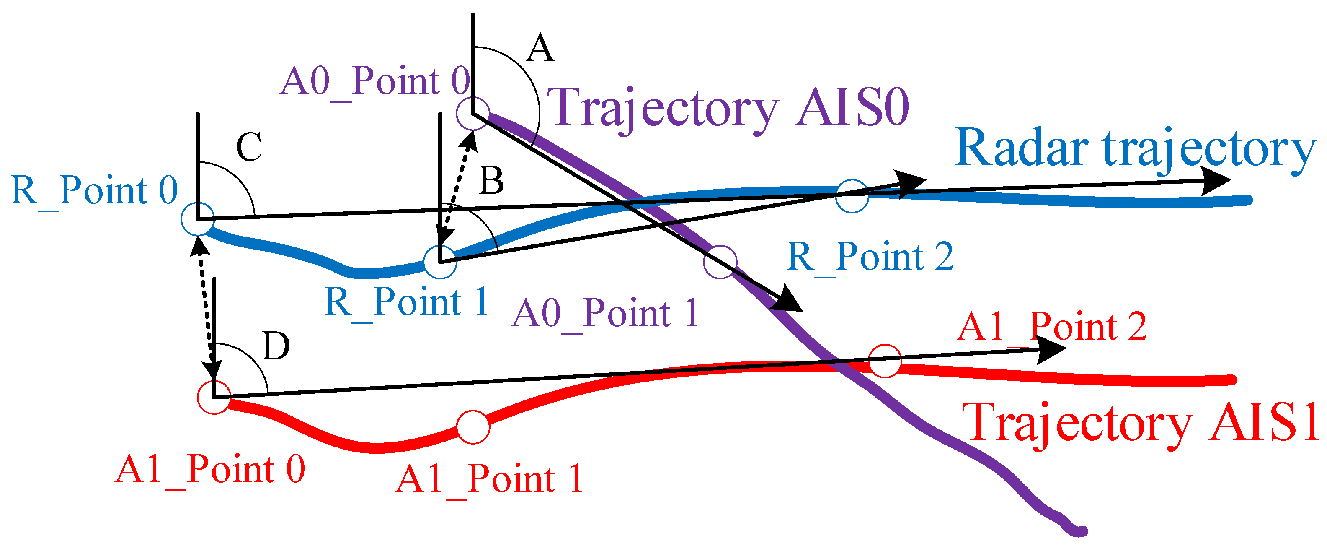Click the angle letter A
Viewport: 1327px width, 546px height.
(x=540, y=49)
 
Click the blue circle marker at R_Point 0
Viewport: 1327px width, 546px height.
(x=198, y=219)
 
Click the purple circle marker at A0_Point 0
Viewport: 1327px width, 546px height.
(x=473, y=113)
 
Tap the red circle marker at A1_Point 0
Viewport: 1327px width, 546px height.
(x=214, y=398)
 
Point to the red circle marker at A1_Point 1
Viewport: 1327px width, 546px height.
(x=473, y=427)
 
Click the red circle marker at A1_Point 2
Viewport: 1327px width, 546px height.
(x=885, y=361)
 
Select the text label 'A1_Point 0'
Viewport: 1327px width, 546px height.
(x=210, y=470)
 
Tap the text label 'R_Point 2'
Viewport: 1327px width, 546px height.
(x=870, y=256)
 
